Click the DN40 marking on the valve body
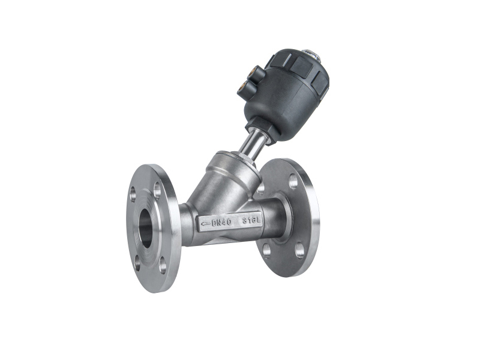221,222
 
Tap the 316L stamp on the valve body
251,221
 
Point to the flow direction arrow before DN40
205,223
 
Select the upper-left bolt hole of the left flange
133,194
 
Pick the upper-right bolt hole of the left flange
157,190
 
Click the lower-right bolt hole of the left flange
163,265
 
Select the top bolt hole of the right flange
293,181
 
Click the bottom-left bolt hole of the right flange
266,251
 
